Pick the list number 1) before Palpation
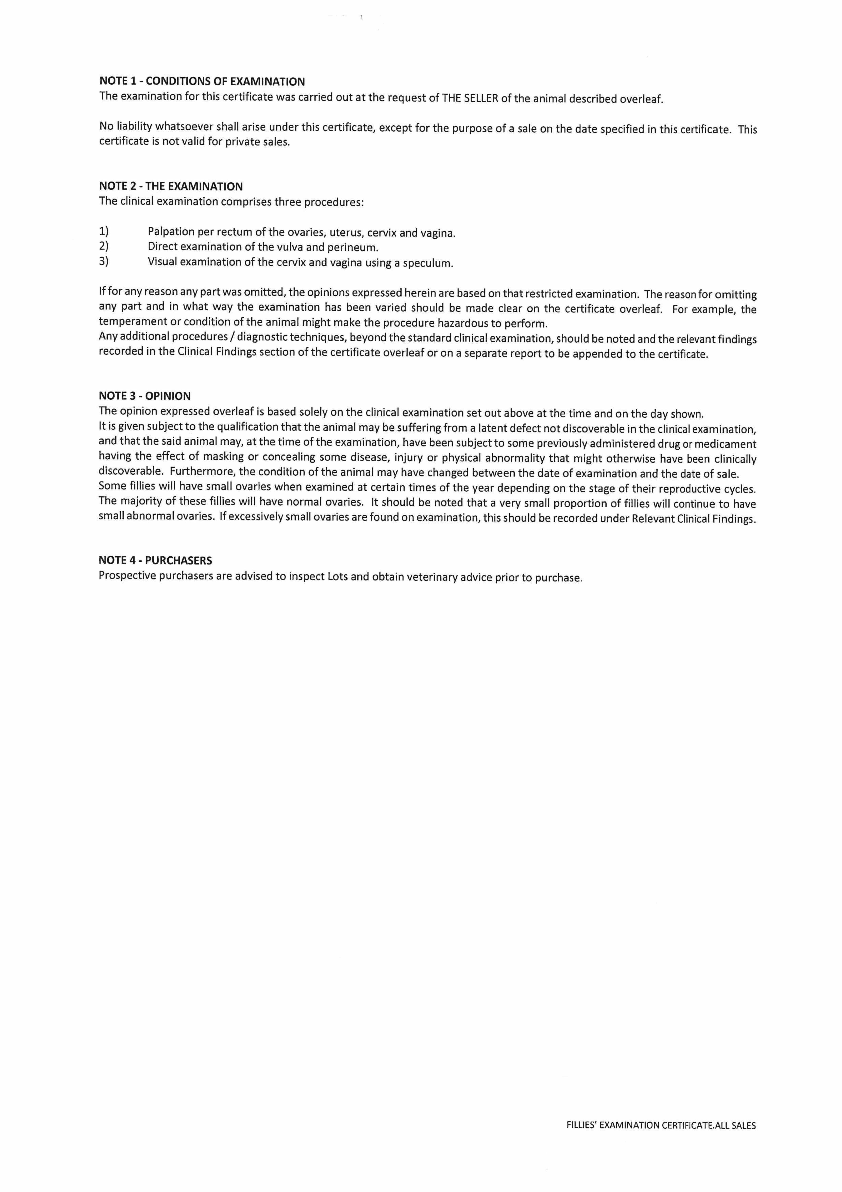click(104, 231)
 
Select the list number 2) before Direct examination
click(104, 246)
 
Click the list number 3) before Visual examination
click(104, 261)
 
